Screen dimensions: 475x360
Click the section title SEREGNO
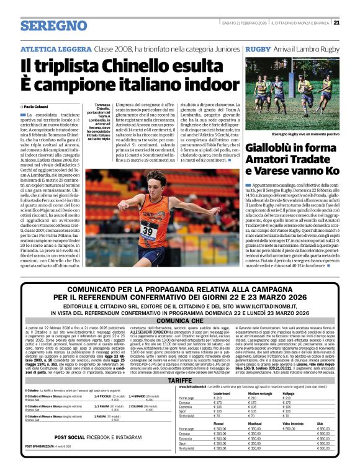pyautogui.click(x=53, y=26)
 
